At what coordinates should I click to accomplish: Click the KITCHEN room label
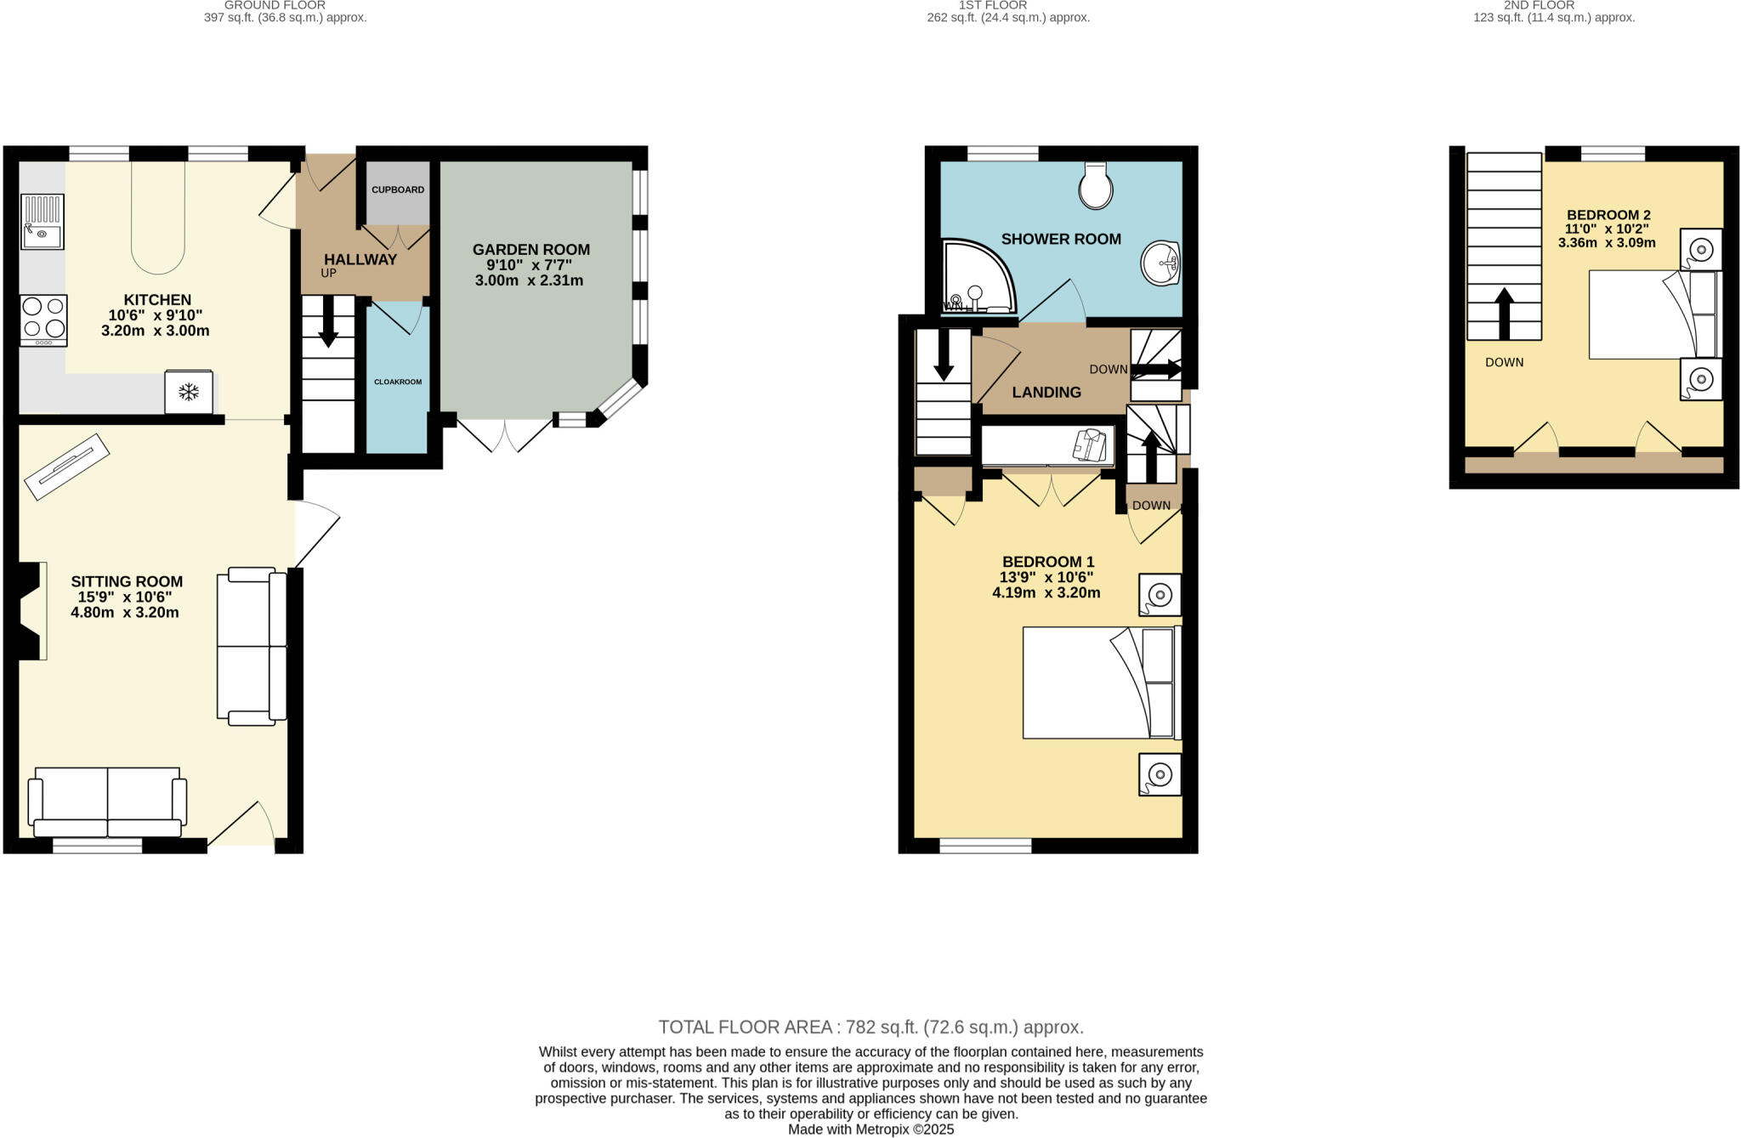157,300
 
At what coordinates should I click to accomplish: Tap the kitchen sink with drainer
43,222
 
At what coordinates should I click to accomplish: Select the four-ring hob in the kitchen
43,320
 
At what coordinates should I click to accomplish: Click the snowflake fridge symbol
189,392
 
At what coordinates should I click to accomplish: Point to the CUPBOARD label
398,190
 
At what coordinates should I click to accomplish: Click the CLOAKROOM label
398,382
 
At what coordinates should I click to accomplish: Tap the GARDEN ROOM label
530,250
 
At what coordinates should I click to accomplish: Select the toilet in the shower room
1096,186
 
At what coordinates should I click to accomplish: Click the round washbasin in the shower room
1160,263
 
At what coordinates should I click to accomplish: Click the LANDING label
1046,393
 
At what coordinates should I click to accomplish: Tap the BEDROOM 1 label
1048,562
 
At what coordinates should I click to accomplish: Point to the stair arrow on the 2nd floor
1504,312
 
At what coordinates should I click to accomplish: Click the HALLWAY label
360,260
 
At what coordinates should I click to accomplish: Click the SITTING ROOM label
127,582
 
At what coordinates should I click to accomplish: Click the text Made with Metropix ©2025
870,1130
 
